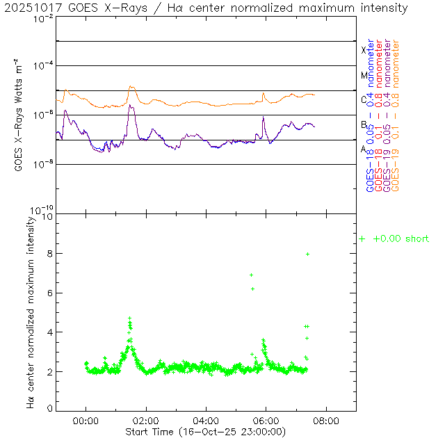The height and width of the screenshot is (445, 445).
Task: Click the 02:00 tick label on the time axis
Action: (146, 421)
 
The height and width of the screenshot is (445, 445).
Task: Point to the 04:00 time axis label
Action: (206, 421)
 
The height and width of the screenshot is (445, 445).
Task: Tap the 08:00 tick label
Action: (326, 421)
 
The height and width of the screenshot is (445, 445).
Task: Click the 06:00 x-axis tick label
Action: (266, 421)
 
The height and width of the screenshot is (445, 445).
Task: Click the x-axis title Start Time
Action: (206, 432)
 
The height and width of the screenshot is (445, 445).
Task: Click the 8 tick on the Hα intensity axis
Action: (49, 254)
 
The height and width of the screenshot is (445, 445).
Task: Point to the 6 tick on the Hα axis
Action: (49, 293)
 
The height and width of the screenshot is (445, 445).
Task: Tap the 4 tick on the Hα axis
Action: (49, 332)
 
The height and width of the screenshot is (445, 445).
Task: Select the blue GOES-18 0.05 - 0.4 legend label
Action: (369, 115)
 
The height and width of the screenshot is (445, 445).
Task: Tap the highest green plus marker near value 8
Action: (307, 254)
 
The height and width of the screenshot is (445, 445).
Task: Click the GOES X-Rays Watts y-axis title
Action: (21, 114)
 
